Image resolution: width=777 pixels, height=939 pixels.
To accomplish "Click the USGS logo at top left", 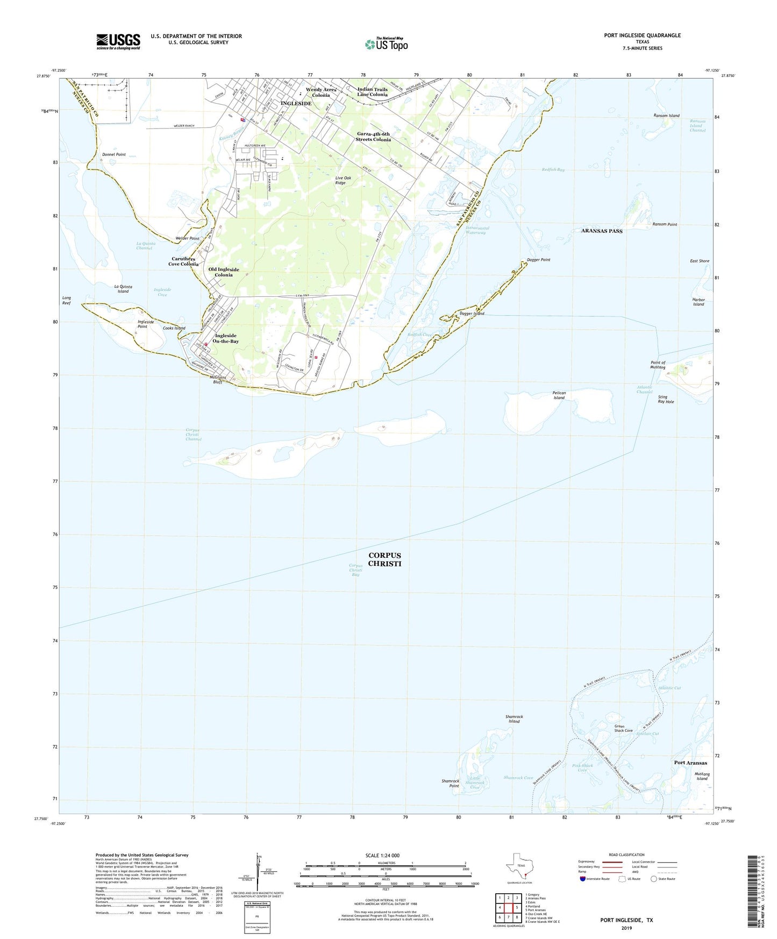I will [118, 41].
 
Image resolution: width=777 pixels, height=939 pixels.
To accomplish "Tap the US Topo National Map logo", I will [386, 44].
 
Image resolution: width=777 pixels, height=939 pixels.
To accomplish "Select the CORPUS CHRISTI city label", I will [384, 559].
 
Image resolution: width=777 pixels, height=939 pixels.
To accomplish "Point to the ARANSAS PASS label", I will [602, 231].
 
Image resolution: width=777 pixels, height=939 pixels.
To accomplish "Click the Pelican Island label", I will [559, 395].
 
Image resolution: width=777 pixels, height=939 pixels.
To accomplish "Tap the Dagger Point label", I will [538, 260].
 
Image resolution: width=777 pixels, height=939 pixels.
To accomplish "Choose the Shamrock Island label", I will [514, 719].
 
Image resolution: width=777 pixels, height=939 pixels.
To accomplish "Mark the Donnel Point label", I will [114, 154].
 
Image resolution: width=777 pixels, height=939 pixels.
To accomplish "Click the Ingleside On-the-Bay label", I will [225, 338].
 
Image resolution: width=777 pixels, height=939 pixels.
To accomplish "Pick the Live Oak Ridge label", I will [348, 180].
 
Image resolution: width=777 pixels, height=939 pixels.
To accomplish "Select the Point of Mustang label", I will [658, 365].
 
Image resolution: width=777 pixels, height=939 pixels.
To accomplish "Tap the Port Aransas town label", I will [690, 763].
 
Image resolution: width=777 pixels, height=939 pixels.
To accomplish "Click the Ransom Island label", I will [666, 116].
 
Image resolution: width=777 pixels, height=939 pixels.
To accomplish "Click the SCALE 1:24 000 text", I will [382, 855].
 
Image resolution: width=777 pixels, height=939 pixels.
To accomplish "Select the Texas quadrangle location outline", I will [520, 866].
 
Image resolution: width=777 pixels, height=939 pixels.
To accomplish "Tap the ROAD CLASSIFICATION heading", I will [626, 855].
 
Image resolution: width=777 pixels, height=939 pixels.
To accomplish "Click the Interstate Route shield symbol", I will [582, 879].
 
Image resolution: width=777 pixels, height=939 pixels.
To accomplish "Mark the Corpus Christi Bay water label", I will [355, 570].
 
